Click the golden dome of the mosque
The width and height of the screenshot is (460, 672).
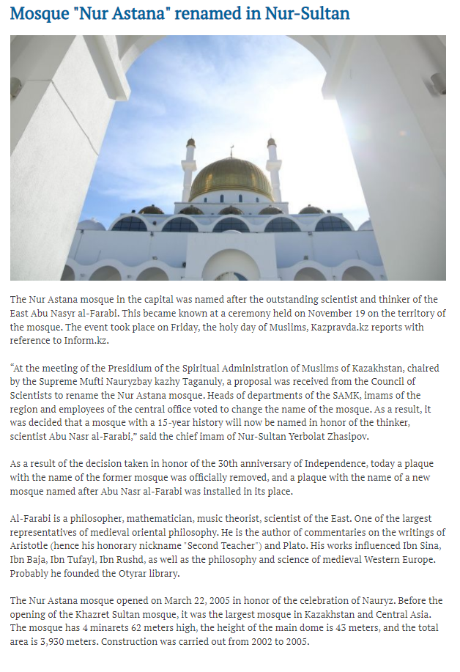pyautogui.click(x=231, y=177)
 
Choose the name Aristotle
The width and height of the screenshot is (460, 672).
pyautogui.click(x=31, y=547)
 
